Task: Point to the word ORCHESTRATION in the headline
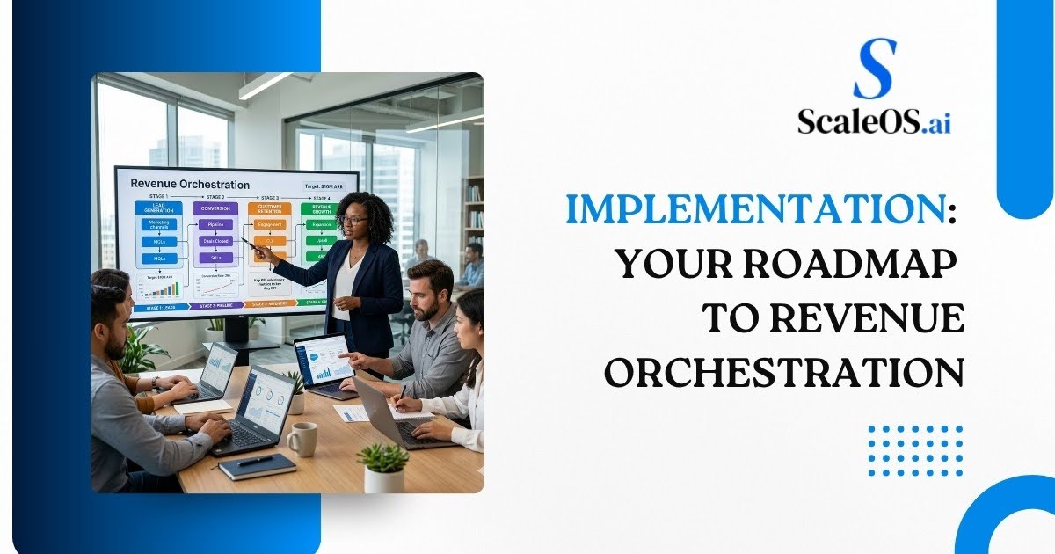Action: [784, 372]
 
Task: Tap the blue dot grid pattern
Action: [915, 451]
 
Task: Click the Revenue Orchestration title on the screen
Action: [189, 185]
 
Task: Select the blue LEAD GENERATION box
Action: [158, 208]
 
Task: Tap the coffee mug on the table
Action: [302, 439]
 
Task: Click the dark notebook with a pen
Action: [257, 466]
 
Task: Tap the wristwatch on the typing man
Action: [156, 383]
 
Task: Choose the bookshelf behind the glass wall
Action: [473, 211]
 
